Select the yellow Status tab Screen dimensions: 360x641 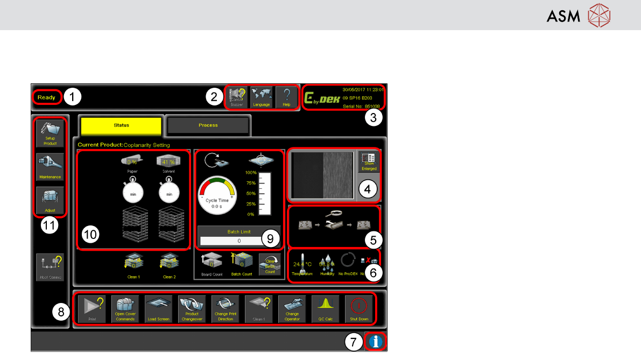click(121, 125)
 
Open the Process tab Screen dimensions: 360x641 click(208, 125)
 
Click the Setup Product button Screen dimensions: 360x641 click(50, 133)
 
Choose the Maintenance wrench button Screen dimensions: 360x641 click(50, 167)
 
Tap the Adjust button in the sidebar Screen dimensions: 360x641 click(50, 200)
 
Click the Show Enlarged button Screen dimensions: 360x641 click(369, 161)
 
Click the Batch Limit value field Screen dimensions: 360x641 click(238, 241)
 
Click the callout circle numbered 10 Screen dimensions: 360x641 click(90, 235)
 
